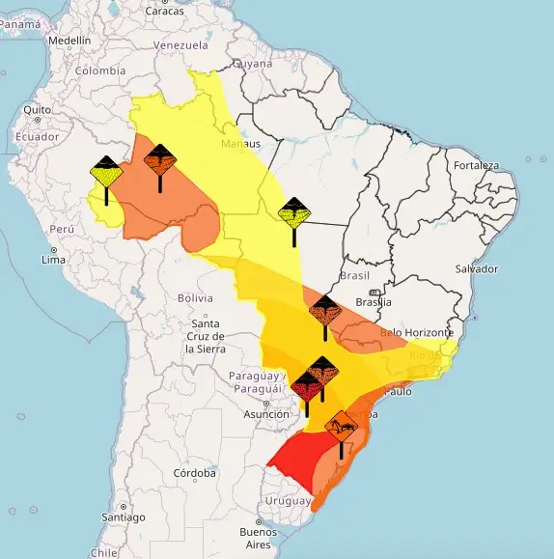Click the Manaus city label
(240, 145)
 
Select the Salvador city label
(476, 268)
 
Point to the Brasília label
(374, 301)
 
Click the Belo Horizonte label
(418, 332)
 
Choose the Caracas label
(164, 11)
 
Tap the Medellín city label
(69, 42)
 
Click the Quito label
(38, 110)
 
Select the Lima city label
(53, 260)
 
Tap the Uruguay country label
(290, 501)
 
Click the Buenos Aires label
(258, 538)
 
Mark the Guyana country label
(254, 63)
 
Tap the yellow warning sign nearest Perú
(105, 174)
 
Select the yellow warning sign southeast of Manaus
(293, 211)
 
